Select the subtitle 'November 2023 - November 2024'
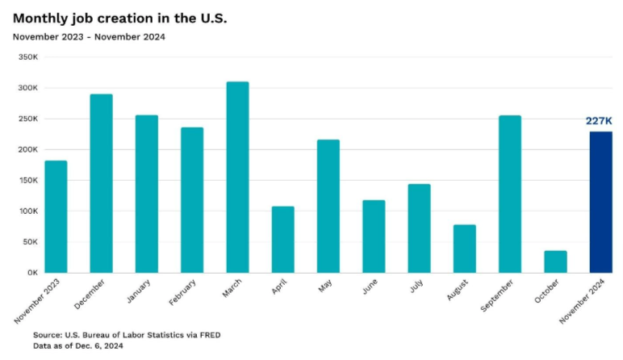[89, 37]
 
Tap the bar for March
[237, 177]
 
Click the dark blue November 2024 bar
[600, 202]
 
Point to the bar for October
[555, 262]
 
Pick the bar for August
[464, 249]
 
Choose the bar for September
[510, 194]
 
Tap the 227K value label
[600, 121]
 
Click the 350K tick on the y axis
[27, 57]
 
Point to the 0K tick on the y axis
[32, 273]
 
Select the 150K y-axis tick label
[27, 181]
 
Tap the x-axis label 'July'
[416, 290]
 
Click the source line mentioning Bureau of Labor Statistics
[126, 334]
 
